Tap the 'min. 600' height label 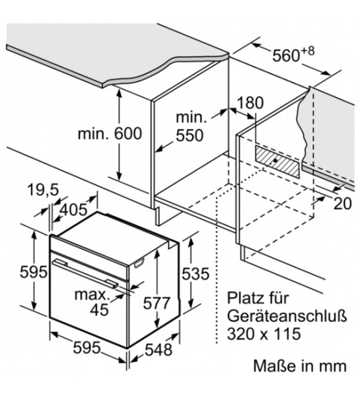click(x=110, y=134)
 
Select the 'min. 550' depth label click(x=190, y=127)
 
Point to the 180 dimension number click(x=251, y=103)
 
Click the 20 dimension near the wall click(x=343, y=203)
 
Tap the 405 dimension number click(x=73, y=210)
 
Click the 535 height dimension click(x=196, y=274)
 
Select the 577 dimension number click(x=157, y=303)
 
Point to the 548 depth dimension click(x=158, y=349)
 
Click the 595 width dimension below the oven click(x=86, y=348)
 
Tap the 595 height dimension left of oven click(x=34, y=272)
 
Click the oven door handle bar click(x=85, y=273)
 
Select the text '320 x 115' click(x=264, y=333)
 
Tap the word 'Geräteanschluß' click(x=287, y=316)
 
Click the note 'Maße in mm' click(x=300, y=366)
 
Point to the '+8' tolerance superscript click(x=307, y=51)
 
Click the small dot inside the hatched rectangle click(x=275, y=160)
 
